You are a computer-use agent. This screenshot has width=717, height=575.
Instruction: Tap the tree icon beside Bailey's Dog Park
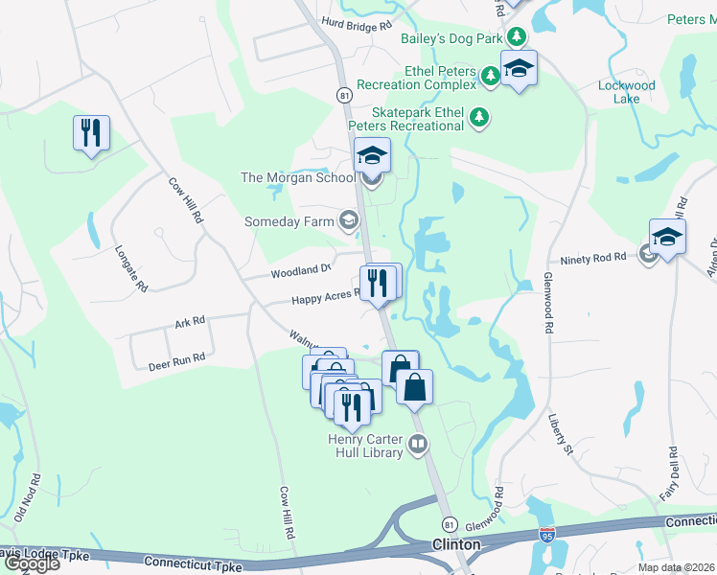[x=517, y=36]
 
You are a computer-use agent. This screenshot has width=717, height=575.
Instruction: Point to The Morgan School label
[x=298, y=177]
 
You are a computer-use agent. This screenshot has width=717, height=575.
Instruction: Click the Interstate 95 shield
[x=546, y=535]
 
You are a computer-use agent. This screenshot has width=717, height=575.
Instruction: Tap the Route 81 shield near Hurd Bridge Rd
[x=343, y=95]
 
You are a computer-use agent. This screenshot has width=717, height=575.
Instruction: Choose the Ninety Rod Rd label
[x=592, y=259]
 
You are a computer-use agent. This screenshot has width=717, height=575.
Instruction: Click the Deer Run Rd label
[x=177, y=361]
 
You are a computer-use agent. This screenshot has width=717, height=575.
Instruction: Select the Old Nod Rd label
[x=35, y=496]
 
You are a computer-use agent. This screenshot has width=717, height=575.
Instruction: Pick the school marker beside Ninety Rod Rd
[x=667, y=236]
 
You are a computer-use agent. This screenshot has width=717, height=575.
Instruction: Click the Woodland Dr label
[x=300, y=272]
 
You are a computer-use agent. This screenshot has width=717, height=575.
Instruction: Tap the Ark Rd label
[x=190, y=323]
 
